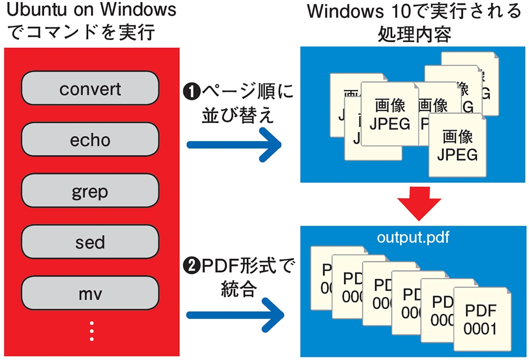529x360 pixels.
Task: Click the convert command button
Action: (90, 88)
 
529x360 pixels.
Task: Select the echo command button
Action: (90, 140)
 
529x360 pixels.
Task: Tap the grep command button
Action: (90, 191)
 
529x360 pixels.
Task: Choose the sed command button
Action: (90, 242)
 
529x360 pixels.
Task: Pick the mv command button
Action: (90, 293)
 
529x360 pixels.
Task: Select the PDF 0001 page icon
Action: (480, 320)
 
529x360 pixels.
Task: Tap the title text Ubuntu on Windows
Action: (90, 12)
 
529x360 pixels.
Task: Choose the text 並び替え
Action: (238, 116)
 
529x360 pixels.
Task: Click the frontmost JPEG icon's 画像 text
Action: (458, 136)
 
